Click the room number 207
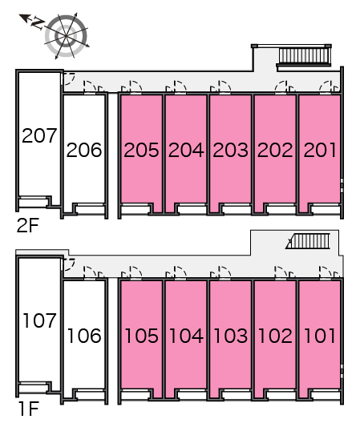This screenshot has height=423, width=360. click(x=39, y=135)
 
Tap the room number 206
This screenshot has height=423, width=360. click(x=84, y=150)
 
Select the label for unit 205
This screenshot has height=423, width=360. click(x=141, y=150)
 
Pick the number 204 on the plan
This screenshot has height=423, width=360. click(x=186, y=150)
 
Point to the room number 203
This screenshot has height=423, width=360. click(x=230, y=150)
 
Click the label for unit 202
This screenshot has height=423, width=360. click(x=275, y=150)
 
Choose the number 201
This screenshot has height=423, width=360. click(x=320, y=150)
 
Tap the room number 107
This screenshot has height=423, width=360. click(x=39, y=320)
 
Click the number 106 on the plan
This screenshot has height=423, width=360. click(x=84, y=336)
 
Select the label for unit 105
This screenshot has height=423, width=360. click(x=141, y=336)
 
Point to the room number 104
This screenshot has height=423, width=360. click(x=186, y=336)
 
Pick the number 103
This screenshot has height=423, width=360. click(x=230, y=336)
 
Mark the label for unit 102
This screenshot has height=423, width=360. click(x=275, y=336)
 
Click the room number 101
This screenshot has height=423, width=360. click(x=320, y=336)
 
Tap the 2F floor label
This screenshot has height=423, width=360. click(x=28, y=226)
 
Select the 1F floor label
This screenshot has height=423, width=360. click(x=29, y=409)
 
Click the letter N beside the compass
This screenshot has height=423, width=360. click(x=38, y=23)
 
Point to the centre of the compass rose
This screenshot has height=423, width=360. click(x=66, y=35)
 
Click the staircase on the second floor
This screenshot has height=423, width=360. click(x=305, y=55)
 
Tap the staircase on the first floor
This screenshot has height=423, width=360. click(x=309, y=241)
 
